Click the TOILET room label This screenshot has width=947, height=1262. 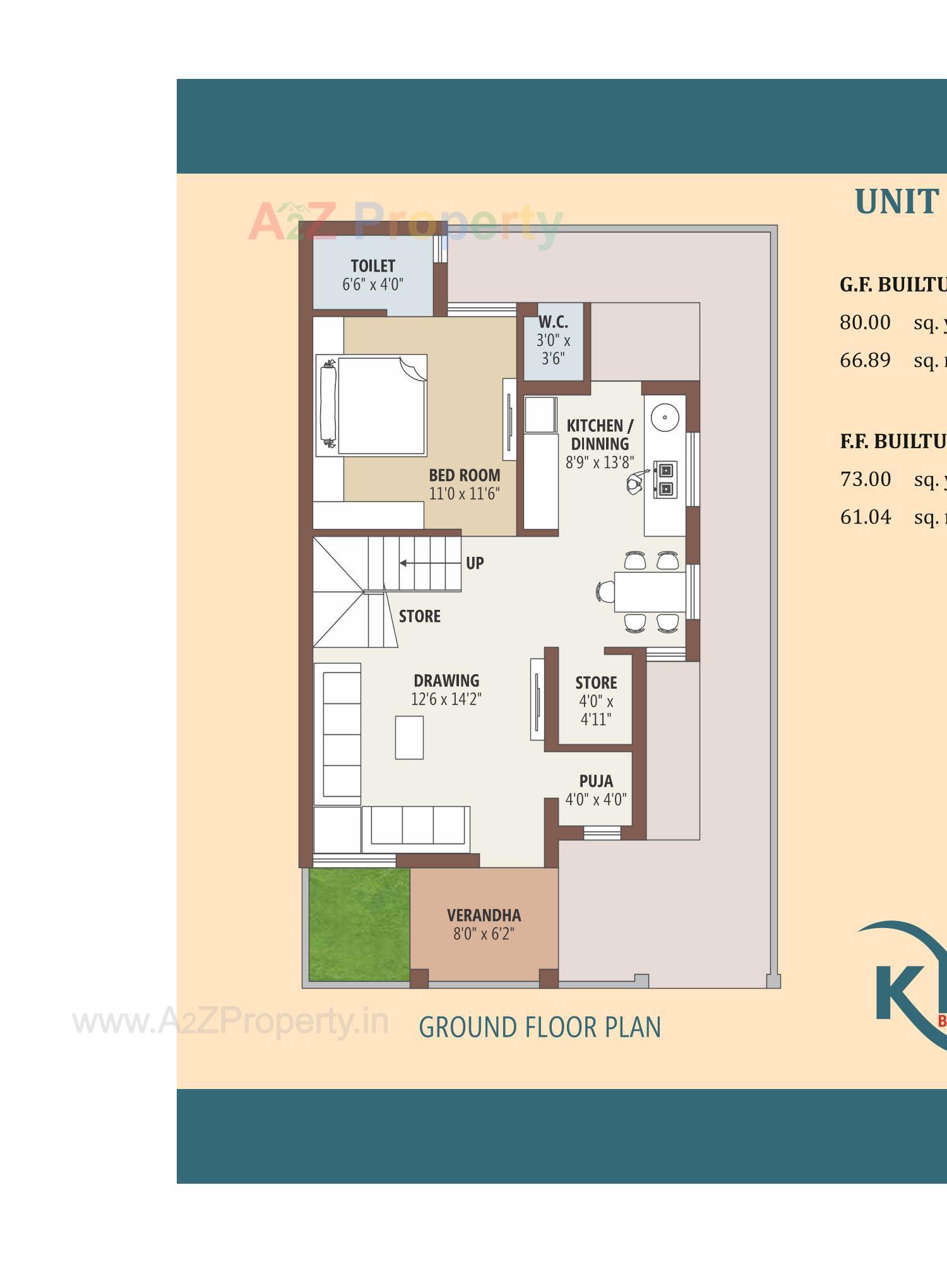coord(372,266)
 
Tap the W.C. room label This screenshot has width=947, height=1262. coord(553,322)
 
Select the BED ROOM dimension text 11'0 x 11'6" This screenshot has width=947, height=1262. coord(464,494)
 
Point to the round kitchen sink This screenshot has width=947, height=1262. coord(664,417)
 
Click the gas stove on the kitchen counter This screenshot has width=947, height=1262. coord(665,480)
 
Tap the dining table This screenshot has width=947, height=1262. coord(650,592)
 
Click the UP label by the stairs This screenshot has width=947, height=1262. coord(475,563)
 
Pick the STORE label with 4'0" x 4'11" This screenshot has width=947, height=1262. coord(596,683)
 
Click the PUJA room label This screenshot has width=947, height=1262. coord(596,782)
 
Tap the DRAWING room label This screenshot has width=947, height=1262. coord(446,681)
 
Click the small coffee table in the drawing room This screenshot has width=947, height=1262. coord(409,737)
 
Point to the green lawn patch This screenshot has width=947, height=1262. coord(359,924)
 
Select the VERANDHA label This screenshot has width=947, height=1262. coord(484,915)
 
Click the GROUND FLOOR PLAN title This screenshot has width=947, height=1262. coord(540,1028)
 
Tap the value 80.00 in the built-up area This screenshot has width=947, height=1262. coord(865,323)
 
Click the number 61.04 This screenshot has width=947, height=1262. coord(865,517)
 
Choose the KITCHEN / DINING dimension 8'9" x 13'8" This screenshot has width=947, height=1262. coord(599,463)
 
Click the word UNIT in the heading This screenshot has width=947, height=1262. coord(896,202)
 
